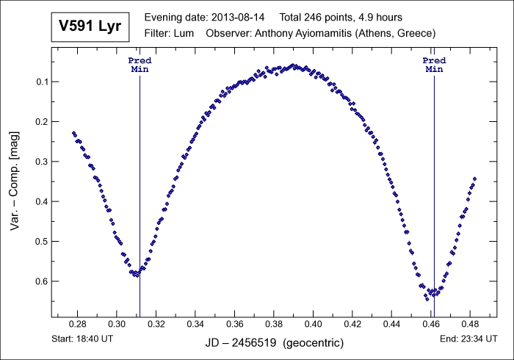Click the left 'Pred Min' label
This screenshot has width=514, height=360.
(x=140, y=64)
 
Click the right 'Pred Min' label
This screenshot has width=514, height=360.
(x=434, y=64)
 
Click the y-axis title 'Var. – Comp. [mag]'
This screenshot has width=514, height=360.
(x=15, y=181)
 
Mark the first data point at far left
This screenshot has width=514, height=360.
(x=73, y=133)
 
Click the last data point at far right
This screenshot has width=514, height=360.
(x=474, y=179)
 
